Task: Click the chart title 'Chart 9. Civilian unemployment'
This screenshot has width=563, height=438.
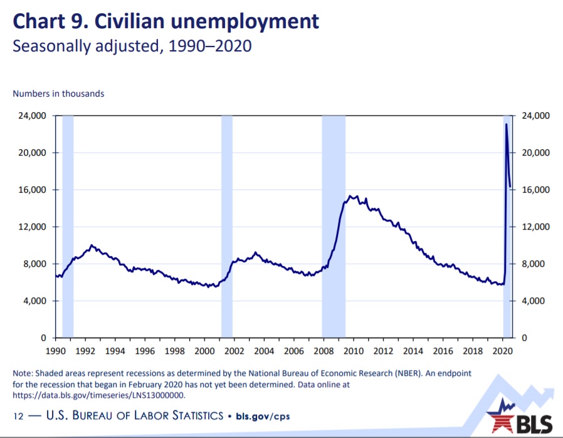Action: click(166, 21)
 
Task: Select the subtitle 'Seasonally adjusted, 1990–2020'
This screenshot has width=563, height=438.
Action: click(132, 46)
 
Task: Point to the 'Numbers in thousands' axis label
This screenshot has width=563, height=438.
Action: click(58, 93)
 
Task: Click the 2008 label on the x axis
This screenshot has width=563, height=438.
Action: click(323, 350)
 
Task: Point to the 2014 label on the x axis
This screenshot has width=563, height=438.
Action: click(413, 350)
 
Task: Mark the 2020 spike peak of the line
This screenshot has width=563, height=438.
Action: click(507, 124)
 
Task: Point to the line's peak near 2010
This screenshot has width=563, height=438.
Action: click(351, 196)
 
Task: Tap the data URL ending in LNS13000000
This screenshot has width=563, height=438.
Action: click(98, 395)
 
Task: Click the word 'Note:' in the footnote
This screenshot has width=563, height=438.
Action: click(23, 373)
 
